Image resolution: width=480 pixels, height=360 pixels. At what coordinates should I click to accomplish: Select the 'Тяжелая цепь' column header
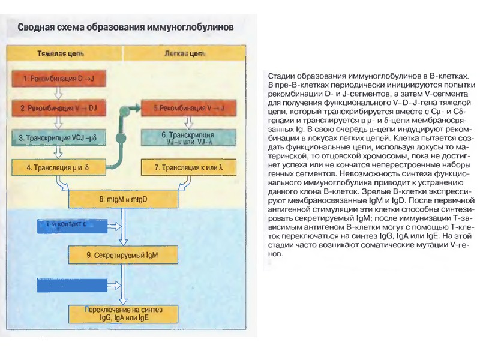point(61,53)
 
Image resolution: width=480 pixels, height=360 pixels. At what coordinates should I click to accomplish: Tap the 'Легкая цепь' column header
point(182,53)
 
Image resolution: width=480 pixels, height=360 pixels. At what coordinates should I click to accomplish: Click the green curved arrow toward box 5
point(120,129)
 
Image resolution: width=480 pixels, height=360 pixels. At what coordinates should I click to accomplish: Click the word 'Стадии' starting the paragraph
point(279,75)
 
